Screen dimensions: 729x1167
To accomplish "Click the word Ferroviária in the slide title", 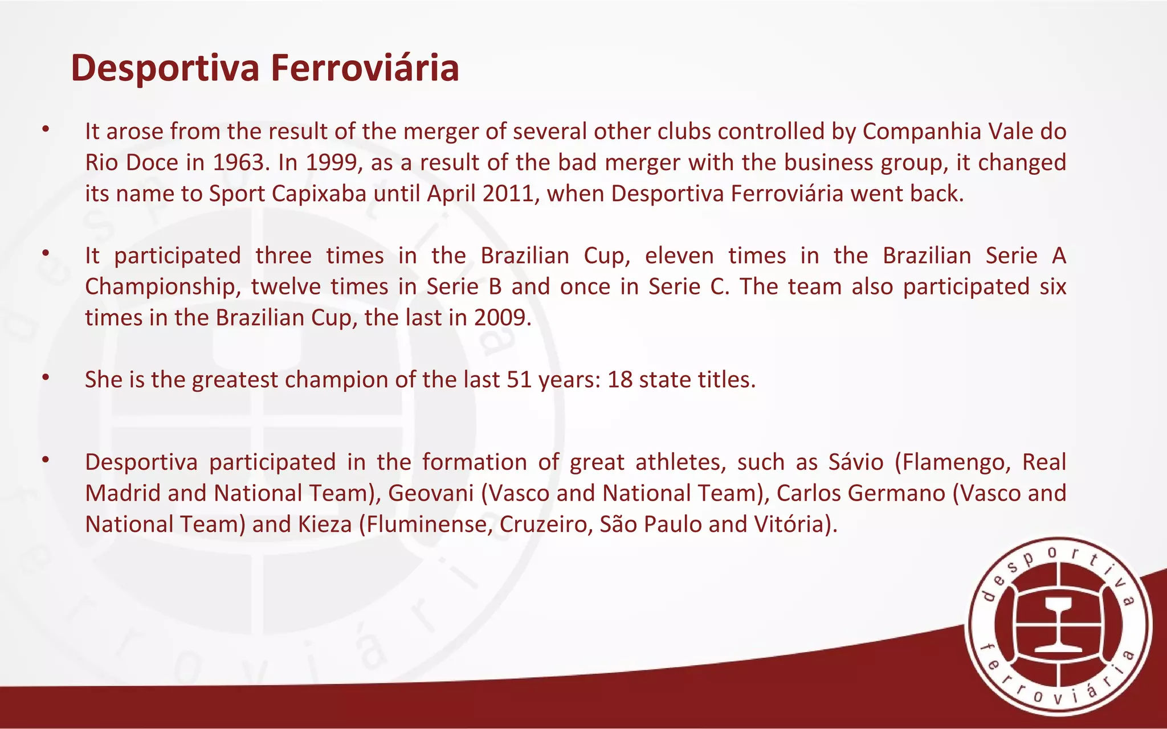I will (365, 68).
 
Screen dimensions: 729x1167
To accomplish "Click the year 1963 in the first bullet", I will (239, 163).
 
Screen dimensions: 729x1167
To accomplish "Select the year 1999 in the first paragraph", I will (332, 163).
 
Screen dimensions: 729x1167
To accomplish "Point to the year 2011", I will (510, 194).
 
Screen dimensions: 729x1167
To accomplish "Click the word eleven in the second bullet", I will (679, 256).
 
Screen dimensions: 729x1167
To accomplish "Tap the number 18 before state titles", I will (620, 380).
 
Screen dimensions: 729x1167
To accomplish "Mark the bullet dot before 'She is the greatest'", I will (46, 378).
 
